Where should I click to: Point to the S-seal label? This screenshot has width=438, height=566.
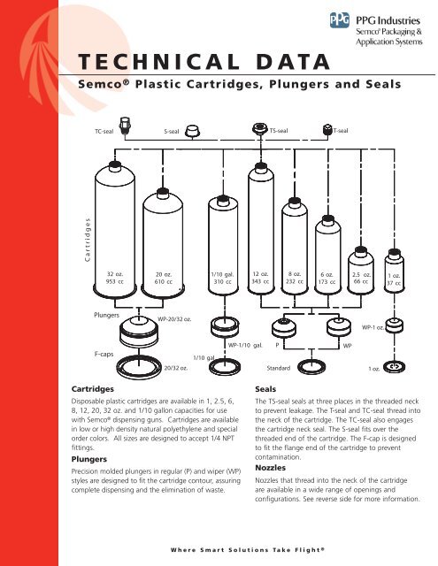point(174,130)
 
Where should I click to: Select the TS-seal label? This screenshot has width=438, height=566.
point(279,130)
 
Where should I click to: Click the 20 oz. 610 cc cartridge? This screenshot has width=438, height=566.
point(163,234)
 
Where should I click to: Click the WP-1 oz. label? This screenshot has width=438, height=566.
point(373,326)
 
